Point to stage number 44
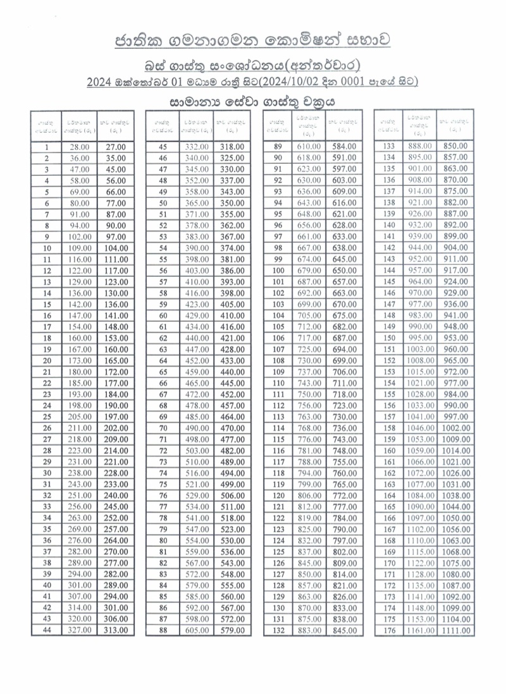pyautogui.click(x=47, y=630)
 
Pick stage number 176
pyautogui.click(x=390, y=630)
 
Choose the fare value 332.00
pyautogui.click(x=196, y=147)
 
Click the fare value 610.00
pyautogui.click(x=310, y=147)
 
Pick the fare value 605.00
pyautogui.click(x=196, y=630)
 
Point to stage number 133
pyautogui.click(x=390, y=147)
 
